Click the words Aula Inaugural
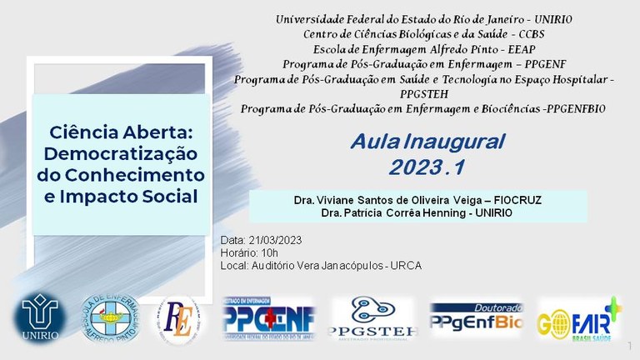click(427, 142)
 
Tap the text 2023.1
click(426, 167)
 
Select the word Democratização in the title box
click(120, 154)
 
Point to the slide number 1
click(630, 345)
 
